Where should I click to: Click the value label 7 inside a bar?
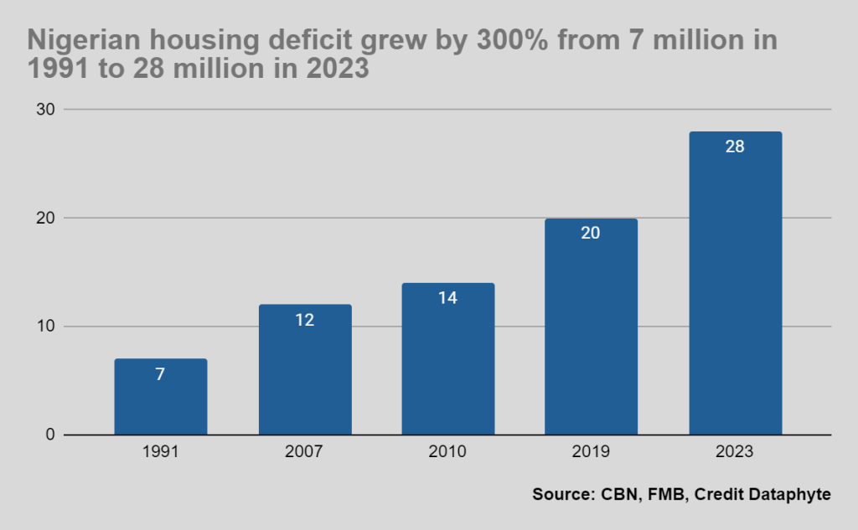(x=161, y=374)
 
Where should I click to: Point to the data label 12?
(x=305, y=320)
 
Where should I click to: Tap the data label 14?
(x=448, y=298)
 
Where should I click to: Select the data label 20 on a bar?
(x=591, y=233)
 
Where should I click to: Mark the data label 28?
(x=735, y=147)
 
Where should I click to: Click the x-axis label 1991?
(x=161, y=452)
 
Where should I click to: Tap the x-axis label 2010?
(x=448, y=452)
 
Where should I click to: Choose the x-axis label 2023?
(x=735, y=452)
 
